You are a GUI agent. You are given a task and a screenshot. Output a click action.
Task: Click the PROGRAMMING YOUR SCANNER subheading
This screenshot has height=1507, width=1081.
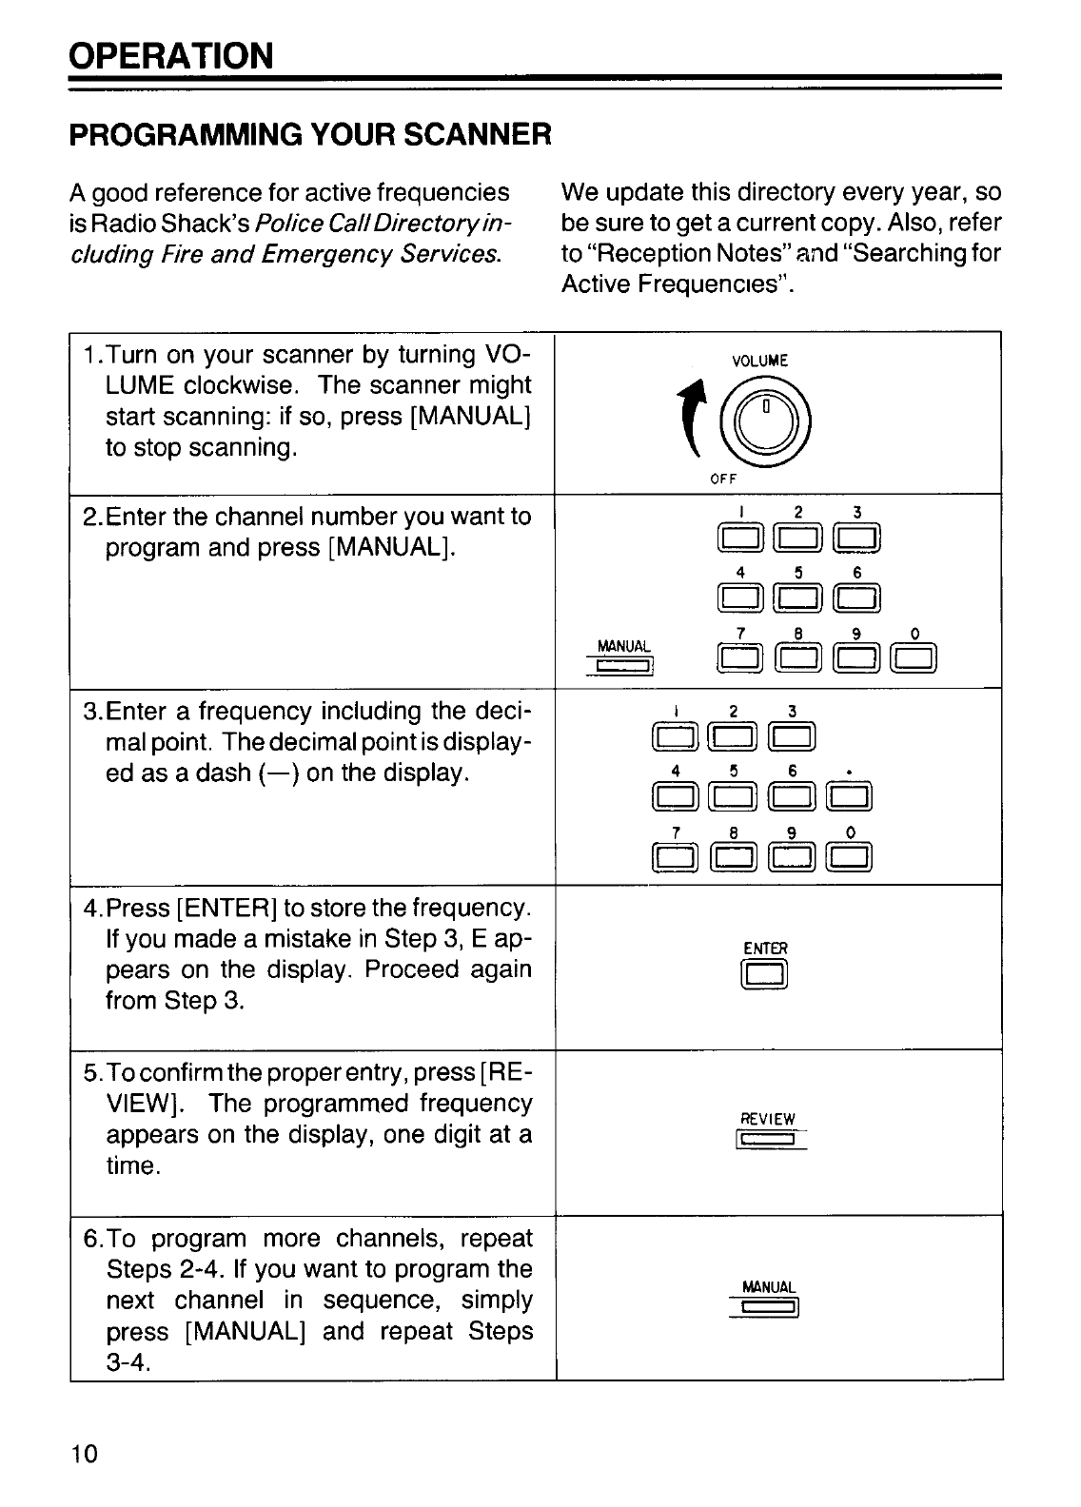pos(310,134)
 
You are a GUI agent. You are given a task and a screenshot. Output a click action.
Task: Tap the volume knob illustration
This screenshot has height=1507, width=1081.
pos(766,420)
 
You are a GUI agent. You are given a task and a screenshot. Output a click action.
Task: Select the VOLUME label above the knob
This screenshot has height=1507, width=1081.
pos(759,361)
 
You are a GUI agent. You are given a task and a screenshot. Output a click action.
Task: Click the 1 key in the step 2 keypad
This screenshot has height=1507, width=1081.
pos(741,540)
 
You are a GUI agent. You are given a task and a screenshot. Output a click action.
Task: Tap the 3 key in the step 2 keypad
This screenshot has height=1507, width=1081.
pos(857,540)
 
